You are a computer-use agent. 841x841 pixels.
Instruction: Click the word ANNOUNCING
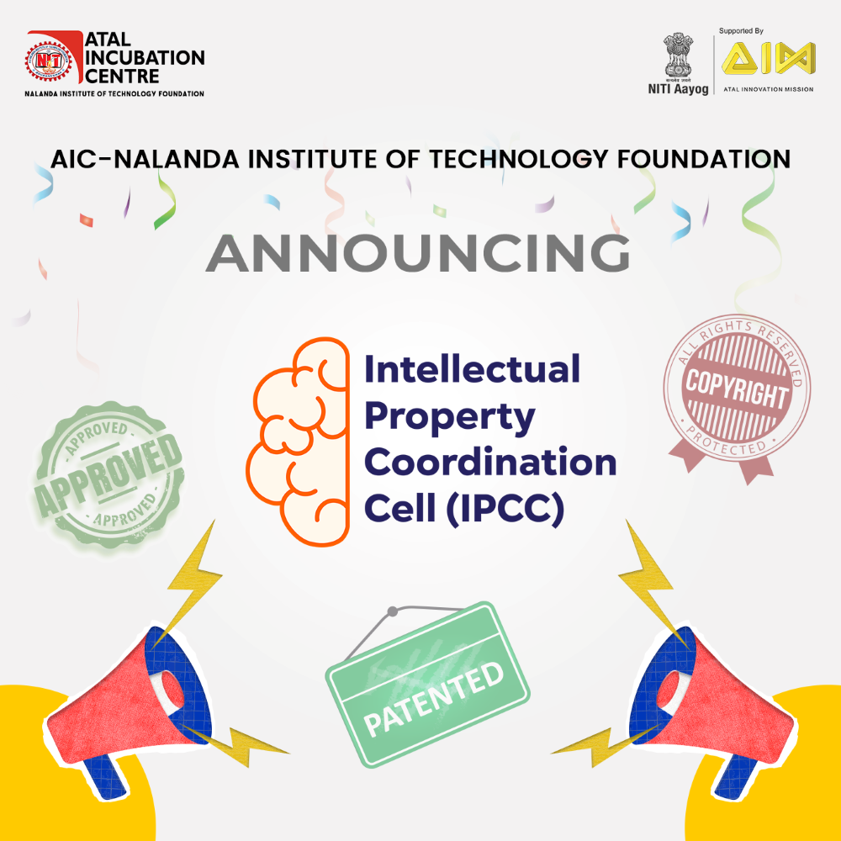tap(417, 253)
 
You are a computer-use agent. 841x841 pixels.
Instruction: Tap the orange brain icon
tap(299, 442)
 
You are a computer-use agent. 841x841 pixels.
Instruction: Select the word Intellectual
tap(472, 368)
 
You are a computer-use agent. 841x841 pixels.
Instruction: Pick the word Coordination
tap(490, 462)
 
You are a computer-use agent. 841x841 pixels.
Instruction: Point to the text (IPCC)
tap(505, 509)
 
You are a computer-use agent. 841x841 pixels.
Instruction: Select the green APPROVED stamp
tap(108, 476)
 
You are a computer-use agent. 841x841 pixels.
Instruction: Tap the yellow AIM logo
tap(768, 58)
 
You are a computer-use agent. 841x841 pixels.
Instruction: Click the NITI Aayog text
tap(678, 89)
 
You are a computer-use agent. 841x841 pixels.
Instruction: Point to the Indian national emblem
tap(678, 56)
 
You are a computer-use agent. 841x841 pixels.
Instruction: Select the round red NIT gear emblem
tap(49, 61)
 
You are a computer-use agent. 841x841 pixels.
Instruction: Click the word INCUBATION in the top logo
tap(145, 57)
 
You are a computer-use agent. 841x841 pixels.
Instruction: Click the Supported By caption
tap(741, 31)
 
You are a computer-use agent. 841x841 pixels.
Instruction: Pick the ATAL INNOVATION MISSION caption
tap(768, 89)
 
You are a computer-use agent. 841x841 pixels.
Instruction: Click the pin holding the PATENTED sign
tap(393, 611)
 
